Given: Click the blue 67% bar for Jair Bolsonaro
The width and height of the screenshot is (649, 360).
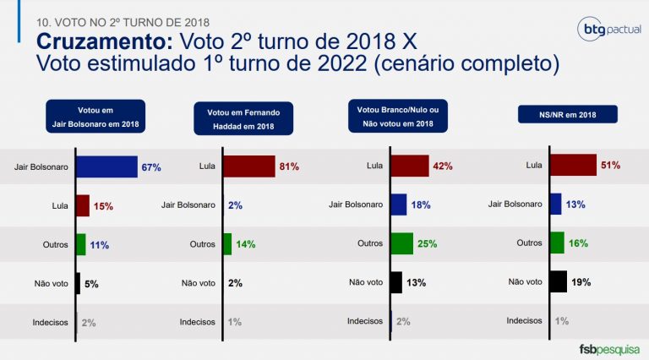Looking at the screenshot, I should click(x=106, y=167).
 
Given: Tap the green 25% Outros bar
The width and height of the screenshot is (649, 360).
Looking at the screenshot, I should click(x=401, y=243).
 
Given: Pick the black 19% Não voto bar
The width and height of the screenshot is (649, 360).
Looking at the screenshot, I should click(x=558, y=281).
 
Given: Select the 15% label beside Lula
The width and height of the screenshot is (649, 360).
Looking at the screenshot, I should click(x=103, y=205).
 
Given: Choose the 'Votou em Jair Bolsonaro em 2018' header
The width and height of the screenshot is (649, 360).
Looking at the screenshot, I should click(x=96, y=117).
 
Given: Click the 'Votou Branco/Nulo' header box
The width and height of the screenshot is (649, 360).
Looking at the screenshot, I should click(x=401, y=117).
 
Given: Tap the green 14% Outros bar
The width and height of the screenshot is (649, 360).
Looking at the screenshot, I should click(x=226, y=243).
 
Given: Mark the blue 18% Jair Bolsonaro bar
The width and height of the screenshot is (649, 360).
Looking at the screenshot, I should click(x=398, y=205).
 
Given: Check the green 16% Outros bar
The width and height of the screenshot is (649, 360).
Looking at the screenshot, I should click(x=557, y=243).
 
